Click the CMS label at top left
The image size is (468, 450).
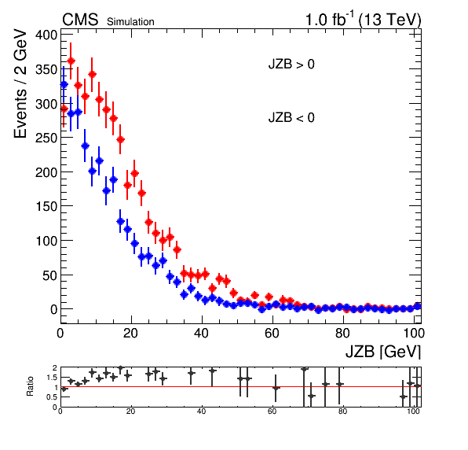point(80,20)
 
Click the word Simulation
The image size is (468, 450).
point(130,22)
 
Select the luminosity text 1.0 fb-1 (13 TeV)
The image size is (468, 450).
point(363,20)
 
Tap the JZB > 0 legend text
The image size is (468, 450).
point(291,65)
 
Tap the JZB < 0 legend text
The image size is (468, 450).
point(291,117)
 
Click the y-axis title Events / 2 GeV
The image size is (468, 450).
point(20,83)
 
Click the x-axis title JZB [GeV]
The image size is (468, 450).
point(383,352)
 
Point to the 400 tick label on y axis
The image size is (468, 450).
point(46,35)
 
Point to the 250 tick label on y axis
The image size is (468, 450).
point(46,138)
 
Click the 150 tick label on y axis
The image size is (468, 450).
point(46,206)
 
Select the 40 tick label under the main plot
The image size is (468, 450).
point(202,333)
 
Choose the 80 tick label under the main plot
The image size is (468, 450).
point(342,333)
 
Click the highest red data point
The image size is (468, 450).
point(71,61)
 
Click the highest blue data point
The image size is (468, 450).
point(64,85)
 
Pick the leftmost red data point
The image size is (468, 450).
point(64,109)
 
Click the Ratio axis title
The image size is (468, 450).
point(30,386)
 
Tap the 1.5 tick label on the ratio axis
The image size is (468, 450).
point(52,378)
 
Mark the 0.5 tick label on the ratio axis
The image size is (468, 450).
point(52,397)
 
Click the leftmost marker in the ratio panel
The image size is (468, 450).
point(64,389)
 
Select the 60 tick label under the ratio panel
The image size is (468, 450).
point(272,411)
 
